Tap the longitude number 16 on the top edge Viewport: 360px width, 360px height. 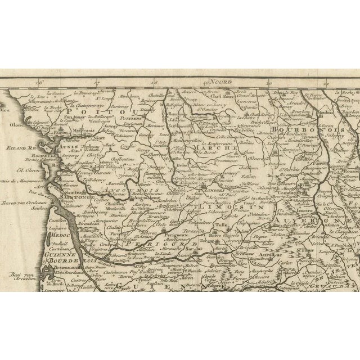click(38, 83)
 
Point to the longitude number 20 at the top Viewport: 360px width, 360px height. click(270, 82)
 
